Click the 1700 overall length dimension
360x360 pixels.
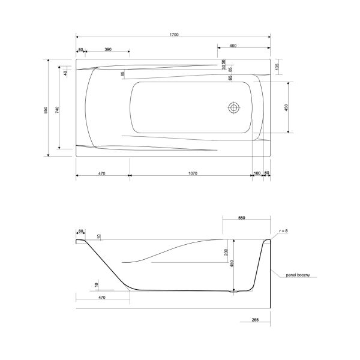tap(174, 35)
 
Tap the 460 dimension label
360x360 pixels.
tap(233, 46)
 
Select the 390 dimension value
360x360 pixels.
tap(108, 49)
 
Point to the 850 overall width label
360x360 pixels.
tap(46, 110)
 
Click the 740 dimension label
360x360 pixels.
tap(57, 110)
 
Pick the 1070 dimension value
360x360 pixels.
tap(193, 173)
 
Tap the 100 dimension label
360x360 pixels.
tap(257, 173)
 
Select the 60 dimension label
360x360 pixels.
tap(266, 173)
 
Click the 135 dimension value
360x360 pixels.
tap(277, 67)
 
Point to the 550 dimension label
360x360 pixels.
tap(242, 218)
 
